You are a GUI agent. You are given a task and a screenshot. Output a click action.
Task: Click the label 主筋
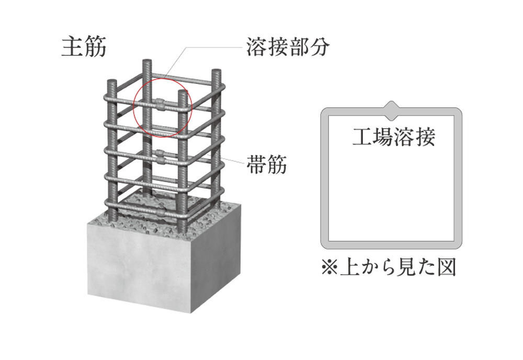[84, 47]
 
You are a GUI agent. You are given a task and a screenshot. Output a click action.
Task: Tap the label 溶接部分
[288, 47]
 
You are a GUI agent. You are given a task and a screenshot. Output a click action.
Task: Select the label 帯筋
[266, 166]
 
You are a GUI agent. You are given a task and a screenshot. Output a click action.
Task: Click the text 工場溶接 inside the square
[393, 137]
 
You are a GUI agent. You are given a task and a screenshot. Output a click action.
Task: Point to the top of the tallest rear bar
[146, 63]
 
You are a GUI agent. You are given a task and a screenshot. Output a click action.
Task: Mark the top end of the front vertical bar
[181, 93]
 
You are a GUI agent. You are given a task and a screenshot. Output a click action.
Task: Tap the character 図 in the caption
[447, 268]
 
